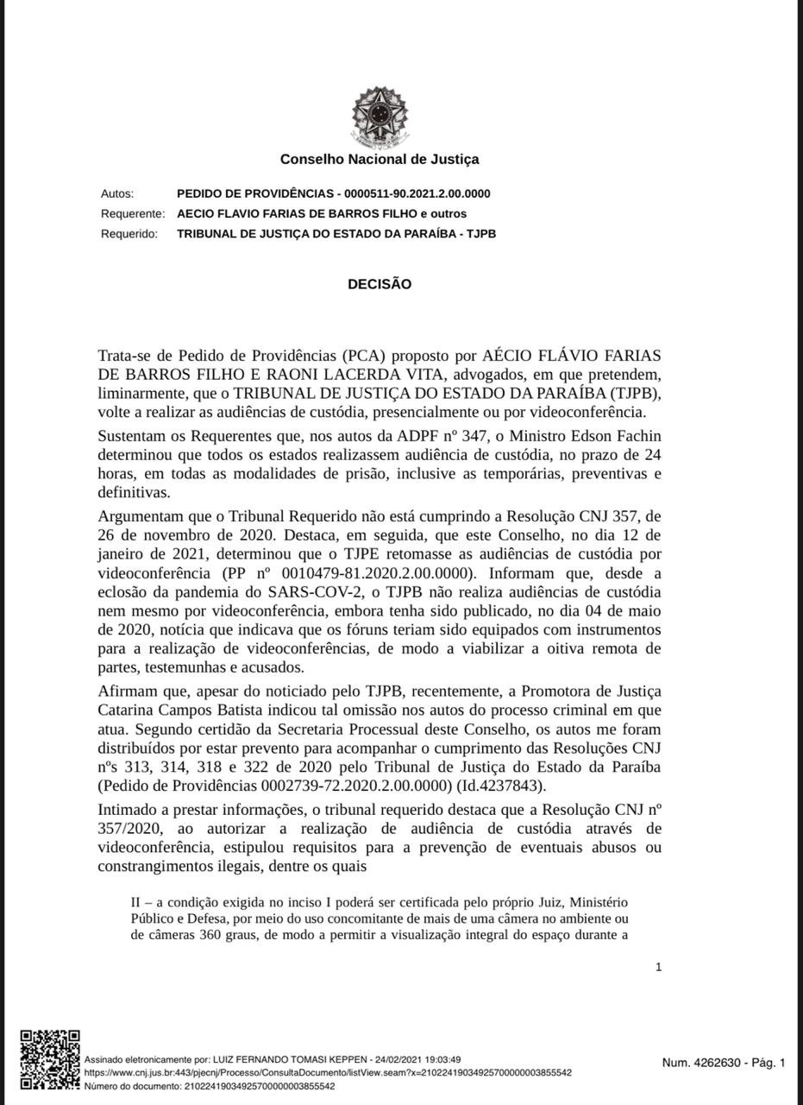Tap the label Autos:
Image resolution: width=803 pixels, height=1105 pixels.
tap(117, 193)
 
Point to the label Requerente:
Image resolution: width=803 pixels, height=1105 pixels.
tap(133, 213)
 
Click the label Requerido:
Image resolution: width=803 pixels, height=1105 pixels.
tap(129, 233)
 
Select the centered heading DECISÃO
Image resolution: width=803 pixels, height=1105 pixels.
tap(380, 284)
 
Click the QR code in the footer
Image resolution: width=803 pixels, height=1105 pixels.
tap(50, 1059)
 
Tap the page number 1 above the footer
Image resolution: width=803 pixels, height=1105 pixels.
tap(659, 967)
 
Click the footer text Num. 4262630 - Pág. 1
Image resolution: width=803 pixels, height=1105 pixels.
tap(724, 1063)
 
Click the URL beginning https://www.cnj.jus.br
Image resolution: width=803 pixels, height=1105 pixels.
tap(328, 1073)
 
